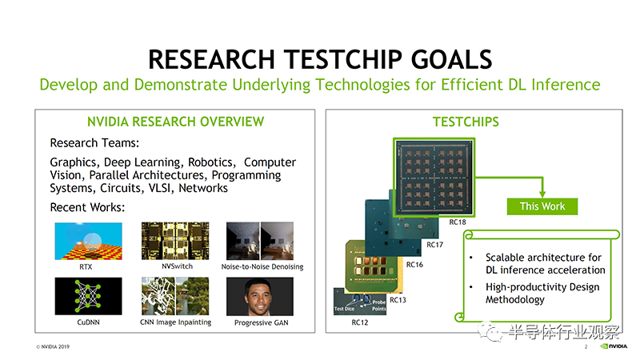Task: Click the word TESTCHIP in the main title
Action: point(343,59)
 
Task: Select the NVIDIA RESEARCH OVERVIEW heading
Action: point(175,122)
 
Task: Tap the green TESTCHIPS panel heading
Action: point(466,122)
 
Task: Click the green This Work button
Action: point(542,206)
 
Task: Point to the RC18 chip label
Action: point(457,222)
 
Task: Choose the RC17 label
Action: point(434,245)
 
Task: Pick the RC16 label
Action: point(414,265)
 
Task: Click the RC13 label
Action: point(398,300)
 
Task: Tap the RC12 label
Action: point(359,322)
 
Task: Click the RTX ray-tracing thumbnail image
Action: point(88,241)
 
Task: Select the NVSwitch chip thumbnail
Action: point(175,241)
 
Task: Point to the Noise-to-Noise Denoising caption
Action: point(262,266)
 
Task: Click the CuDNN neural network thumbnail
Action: point(88,296)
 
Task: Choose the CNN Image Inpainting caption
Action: point(175,322)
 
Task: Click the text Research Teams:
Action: point(94,143)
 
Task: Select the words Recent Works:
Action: point(87,207)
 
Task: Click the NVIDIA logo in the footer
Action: point(614,346)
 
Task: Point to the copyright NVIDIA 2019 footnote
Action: point(53,346)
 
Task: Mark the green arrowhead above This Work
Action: point(542,194)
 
